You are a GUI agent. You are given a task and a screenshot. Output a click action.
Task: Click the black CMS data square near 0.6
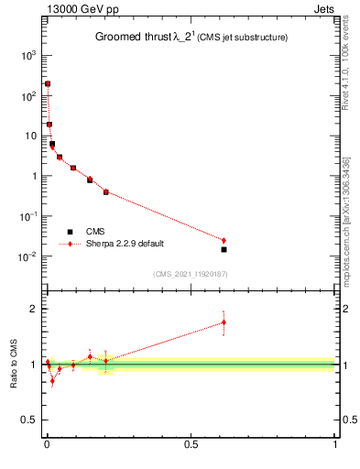[224, 249]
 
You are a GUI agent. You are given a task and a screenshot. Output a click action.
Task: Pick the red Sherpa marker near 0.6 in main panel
[224, 240]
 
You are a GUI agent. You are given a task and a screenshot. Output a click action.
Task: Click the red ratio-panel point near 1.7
[224, 322]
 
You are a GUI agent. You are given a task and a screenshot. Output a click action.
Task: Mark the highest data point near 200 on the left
[48, 83]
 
